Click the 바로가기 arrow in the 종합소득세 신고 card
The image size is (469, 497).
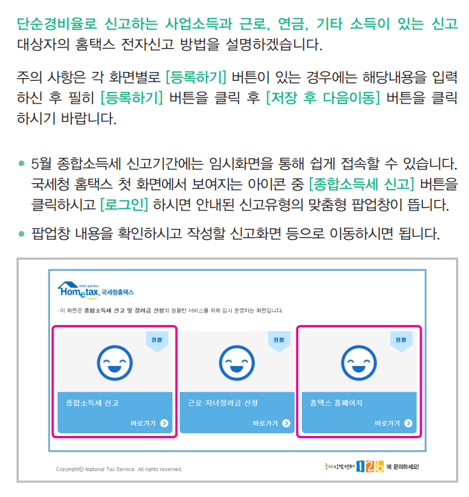(x=164, y=423)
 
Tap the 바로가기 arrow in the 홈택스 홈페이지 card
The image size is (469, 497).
(x=409, y=423)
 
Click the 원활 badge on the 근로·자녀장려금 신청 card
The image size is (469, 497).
(x=278, y=340)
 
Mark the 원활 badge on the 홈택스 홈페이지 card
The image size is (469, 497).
(x=400, y=340)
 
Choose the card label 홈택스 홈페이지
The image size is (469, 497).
(x=335, y=402)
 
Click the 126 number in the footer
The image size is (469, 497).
(x=370, y=467)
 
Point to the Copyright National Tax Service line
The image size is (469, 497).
(x=119, y=469)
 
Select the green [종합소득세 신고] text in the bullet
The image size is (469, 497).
(x=361, y=184)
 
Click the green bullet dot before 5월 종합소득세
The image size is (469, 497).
(x=22, y=165)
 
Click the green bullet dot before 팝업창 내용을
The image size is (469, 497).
(x=22, y=233)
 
